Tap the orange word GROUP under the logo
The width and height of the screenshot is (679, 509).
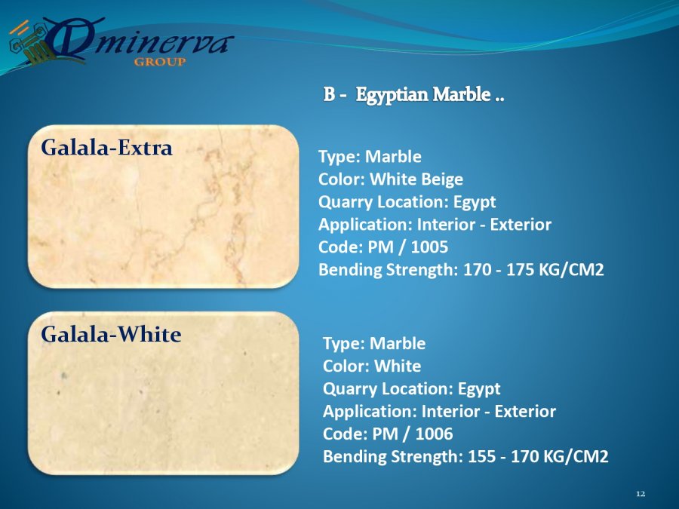[x=160, y=62]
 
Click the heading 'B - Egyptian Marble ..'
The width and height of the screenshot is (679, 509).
[x=413, y=94]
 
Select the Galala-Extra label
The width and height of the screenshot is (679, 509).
[x=106, y=148]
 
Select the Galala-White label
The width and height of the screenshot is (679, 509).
[x=111, y=334]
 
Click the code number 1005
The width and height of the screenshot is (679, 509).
[x=429, y=247]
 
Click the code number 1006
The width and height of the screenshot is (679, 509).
[x=434, y=434]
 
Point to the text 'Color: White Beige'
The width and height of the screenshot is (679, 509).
[x=391, y=179]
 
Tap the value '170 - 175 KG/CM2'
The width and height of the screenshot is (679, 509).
[x=533, y=270]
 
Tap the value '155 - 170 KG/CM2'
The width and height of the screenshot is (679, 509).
[x=538, y=456]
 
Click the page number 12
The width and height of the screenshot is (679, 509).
[x=641, y=494]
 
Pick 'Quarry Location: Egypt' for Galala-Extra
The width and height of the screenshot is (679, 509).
[x=407, y=202]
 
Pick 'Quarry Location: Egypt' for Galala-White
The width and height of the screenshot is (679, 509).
[x=411, y=388]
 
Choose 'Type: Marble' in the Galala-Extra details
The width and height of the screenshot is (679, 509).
[x=370, y=157]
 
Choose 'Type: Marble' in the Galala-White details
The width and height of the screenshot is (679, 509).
[x=374, y=343]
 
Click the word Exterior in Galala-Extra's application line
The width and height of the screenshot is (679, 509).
[x=521, y=225]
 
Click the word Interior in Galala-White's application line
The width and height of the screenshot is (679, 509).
[x=451, y=411]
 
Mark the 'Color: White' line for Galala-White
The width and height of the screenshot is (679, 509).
[x=372, y=366]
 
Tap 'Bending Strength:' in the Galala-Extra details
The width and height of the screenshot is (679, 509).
[x=388, y=270]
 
